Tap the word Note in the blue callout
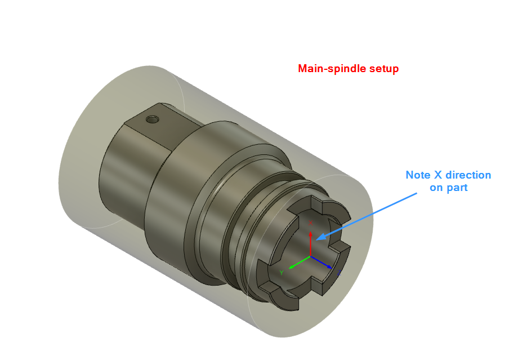click(418, 175)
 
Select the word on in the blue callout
click(436, 188)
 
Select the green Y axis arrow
click(298, 262)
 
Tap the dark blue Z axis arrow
click(323, 263)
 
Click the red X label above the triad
click(310, 223)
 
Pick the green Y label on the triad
click(281, 273)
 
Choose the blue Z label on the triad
click(340, 273)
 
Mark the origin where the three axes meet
click(310, 256)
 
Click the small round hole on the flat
click(151, 119)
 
